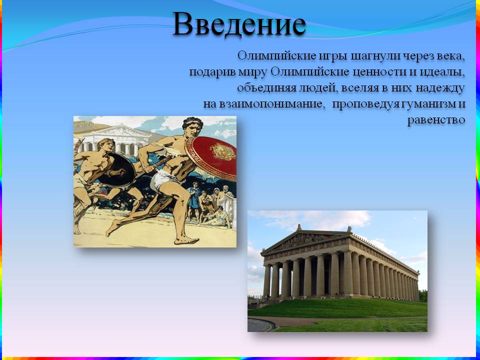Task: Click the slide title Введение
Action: pos(239,24)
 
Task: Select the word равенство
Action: pos(436,119)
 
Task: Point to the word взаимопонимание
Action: pos(271,104)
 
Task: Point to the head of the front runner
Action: pos(192,126)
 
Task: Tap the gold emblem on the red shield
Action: pos(222,151)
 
